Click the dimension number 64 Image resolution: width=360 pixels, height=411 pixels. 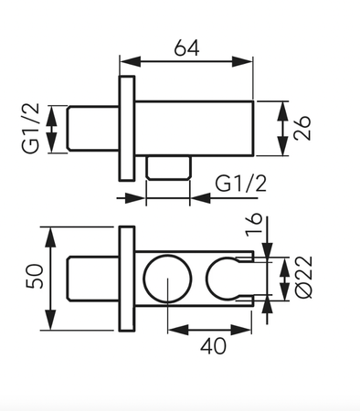[x=186, y=47]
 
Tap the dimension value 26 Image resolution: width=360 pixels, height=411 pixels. [x=302, y=128]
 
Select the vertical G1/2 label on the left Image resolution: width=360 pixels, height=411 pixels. [x=31, y=128]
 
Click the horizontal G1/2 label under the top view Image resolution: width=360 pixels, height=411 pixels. [x=240, y=184]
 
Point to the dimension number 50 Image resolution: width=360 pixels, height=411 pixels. [x=35, y=276]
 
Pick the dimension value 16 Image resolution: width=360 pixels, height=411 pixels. [x=254, y=224]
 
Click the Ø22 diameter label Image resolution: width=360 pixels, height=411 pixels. [x=303, y=278]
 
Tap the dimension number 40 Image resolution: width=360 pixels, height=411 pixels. [x=213, y=346]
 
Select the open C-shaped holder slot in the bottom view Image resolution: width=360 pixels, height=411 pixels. [x=206, y=279]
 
